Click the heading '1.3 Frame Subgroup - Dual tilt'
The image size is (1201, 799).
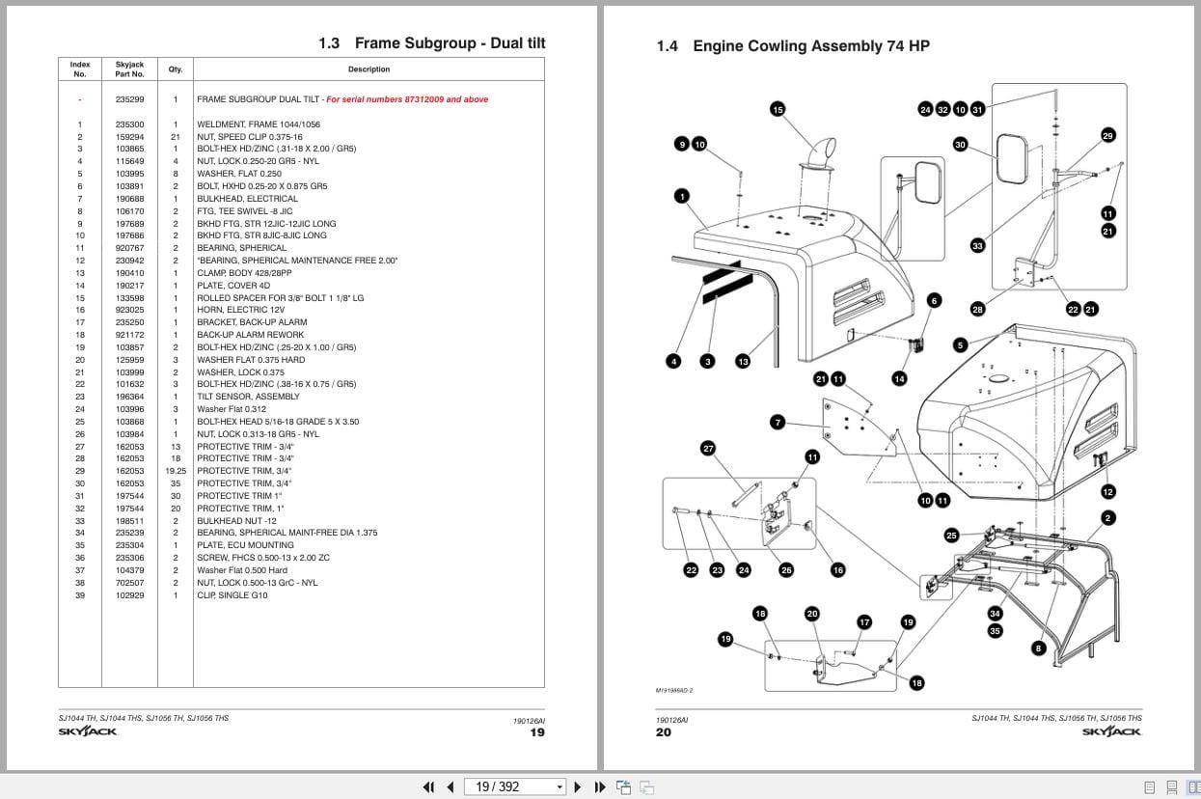point(431,43)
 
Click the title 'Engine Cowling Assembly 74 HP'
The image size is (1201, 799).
point(810,46)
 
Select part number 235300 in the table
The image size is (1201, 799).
point(129,124)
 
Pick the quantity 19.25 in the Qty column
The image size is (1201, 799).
point(176,471)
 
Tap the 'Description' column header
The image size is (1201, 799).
point(368,69)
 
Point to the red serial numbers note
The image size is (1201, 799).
point(406,99)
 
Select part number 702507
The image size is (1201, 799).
point(129,583)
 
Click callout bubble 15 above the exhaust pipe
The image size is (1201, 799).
point(778,109)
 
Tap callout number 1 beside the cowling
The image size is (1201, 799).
point(682,197)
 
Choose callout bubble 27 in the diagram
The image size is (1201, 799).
point(708,448)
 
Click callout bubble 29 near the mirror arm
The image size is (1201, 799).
point(1107,135)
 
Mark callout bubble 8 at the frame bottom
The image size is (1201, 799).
point(1038,648)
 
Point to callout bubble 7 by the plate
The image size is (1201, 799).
point(778,422)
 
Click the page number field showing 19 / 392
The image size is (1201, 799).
point(511,786)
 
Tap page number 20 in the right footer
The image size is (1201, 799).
point(664,732)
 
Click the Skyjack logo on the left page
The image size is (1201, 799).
point(88,731)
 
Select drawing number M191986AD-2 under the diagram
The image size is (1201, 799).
point(674,690)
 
